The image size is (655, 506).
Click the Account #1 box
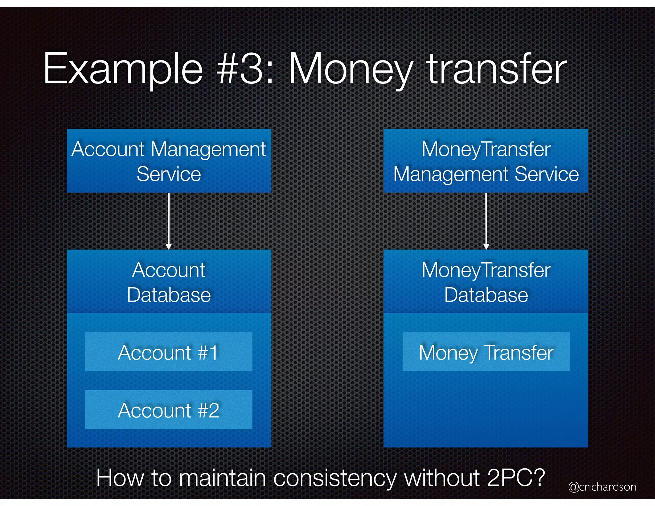(x=169, y=352)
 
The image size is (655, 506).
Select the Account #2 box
(x=169, y=410)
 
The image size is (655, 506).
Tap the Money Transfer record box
(x=486, y=352)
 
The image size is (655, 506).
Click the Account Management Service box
(x=169, y=161)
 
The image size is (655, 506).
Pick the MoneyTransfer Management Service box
(x=485, y=161)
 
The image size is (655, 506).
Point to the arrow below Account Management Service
(x=169, y=221)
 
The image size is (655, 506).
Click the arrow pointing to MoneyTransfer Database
(x=486, y=221)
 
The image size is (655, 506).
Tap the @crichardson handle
(x=602, y=486)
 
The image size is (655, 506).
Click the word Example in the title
(x=123, y=69)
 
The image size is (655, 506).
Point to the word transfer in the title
(x=497, y=69)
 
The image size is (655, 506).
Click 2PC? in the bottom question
(x=516, y=478)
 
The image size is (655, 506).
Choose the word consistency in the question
(x=335, y=478)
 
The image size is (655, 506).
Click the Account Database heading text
(x=169, y=282)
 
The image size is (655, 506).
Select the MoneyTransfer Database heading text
(x=486, y=282)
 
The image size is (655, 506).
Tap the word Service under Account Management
(x=169, y=174)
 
